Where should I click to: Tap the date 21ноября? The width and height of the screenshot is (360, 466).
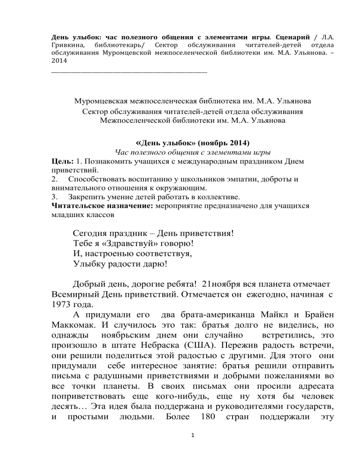[223, 284]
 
